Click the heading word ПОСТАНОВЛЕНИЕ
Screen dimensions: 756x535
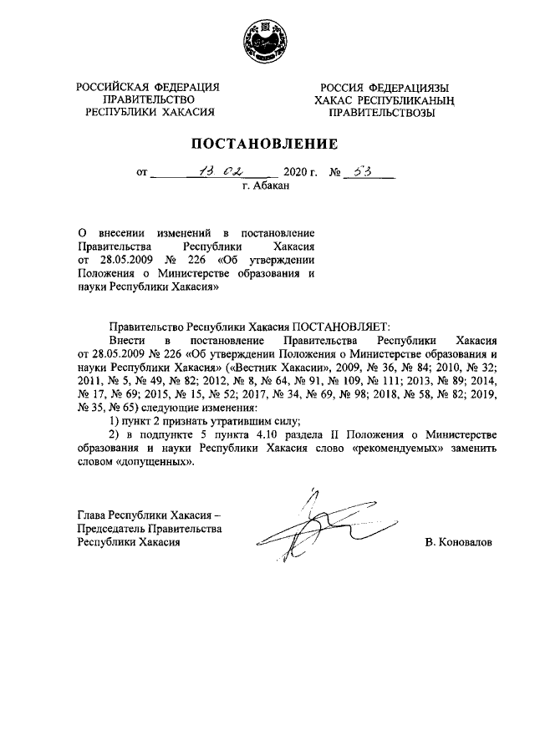point(267,144)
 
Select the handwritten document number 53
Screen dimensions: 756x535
point(362,172)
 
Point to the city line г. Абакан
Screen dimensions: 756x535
point(266,187)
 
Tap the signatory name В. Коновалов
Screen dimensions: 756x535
point(459,542)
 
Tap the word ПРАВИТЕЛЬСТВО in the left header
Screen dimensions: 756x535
point(148,100)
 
